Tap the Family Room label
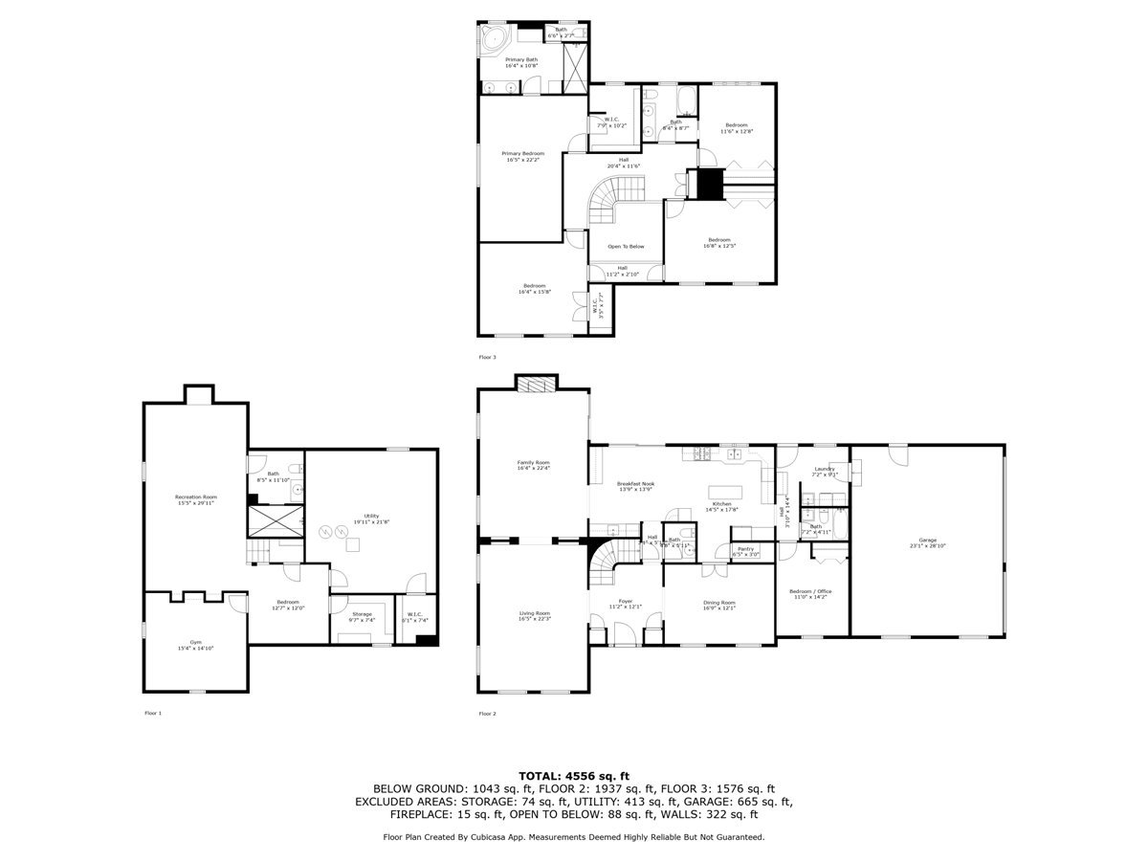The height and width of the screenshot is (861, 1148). [x=534, y=463]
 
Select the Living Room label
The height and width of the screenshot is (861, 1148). [x=534, y=613]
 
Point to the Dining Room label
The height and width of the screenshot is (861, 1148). [x=718, y=603]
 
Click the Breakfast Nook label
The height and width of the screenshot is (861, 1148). [x=635, y=484]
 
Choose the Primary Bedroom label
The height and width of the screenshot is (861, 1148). [x=525, y=154]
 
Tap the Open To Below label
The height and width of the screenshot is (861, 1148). [x=626, y=246]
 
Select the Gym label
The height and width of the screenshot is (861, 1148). [x=195, y=643]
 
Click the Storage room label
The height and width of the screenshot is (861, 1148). [x=362, y=614]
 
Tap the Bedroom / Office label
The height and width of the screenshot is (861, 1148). [x=810, y=591]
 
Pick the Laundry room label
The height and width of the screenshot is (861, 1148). [x=824, y=469]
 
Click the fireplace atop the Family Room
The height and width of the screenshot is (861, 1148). [x=534, y=384]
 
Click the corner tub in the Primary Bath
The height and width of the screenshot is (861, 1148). [x=493, y=40]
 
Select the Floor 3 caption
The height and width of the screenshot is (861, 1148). [x=488, y=357]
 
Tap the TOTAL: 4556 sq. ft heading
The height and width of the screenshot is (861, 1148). [x=574, y=776]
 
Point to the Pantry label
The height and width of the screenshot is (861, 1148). [x=746, y=549]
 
